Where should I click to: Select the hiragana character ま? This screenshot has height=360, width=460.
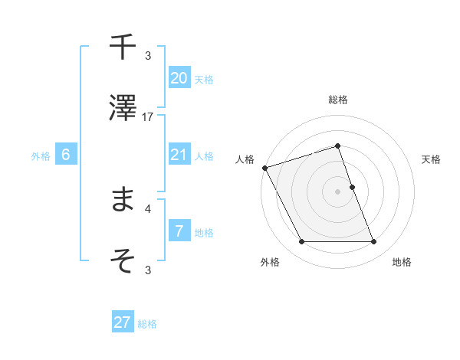[123, 199]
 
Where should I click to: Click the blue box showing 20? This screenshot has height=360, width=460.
[179, 78]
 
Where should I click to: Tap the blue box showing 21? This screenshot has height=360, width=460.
[179, 155]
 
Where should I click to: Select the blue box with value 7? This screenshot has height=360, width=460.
[179, 231]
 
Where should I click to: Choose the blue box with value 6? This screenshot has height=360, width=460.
[66, 155]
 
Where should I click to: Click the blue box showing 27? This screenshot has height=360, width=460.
[123, 322]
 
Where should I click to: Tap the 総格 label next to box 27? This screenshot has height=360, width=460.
[147, 324]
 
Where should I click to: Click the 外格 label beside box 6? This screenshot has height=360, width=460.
[41, 155]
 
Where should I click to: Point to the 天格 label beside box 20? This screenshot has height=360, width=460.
[204, 79]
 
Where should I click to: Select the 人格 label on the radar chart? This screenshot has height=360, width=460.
[245, 159]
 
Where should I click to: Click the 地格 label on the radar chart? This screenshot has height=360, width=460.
[402, 263]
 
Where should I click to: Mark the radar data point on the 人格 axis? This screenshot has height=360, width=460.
[264, 168]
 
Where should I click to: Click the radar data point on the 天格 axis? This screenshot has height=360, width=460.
[352, 187]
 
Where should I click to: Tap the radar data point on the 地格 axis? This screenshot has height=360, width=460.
[373, 242]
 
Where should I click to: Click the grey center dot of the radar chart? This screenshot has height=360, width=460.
[337, 191]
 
